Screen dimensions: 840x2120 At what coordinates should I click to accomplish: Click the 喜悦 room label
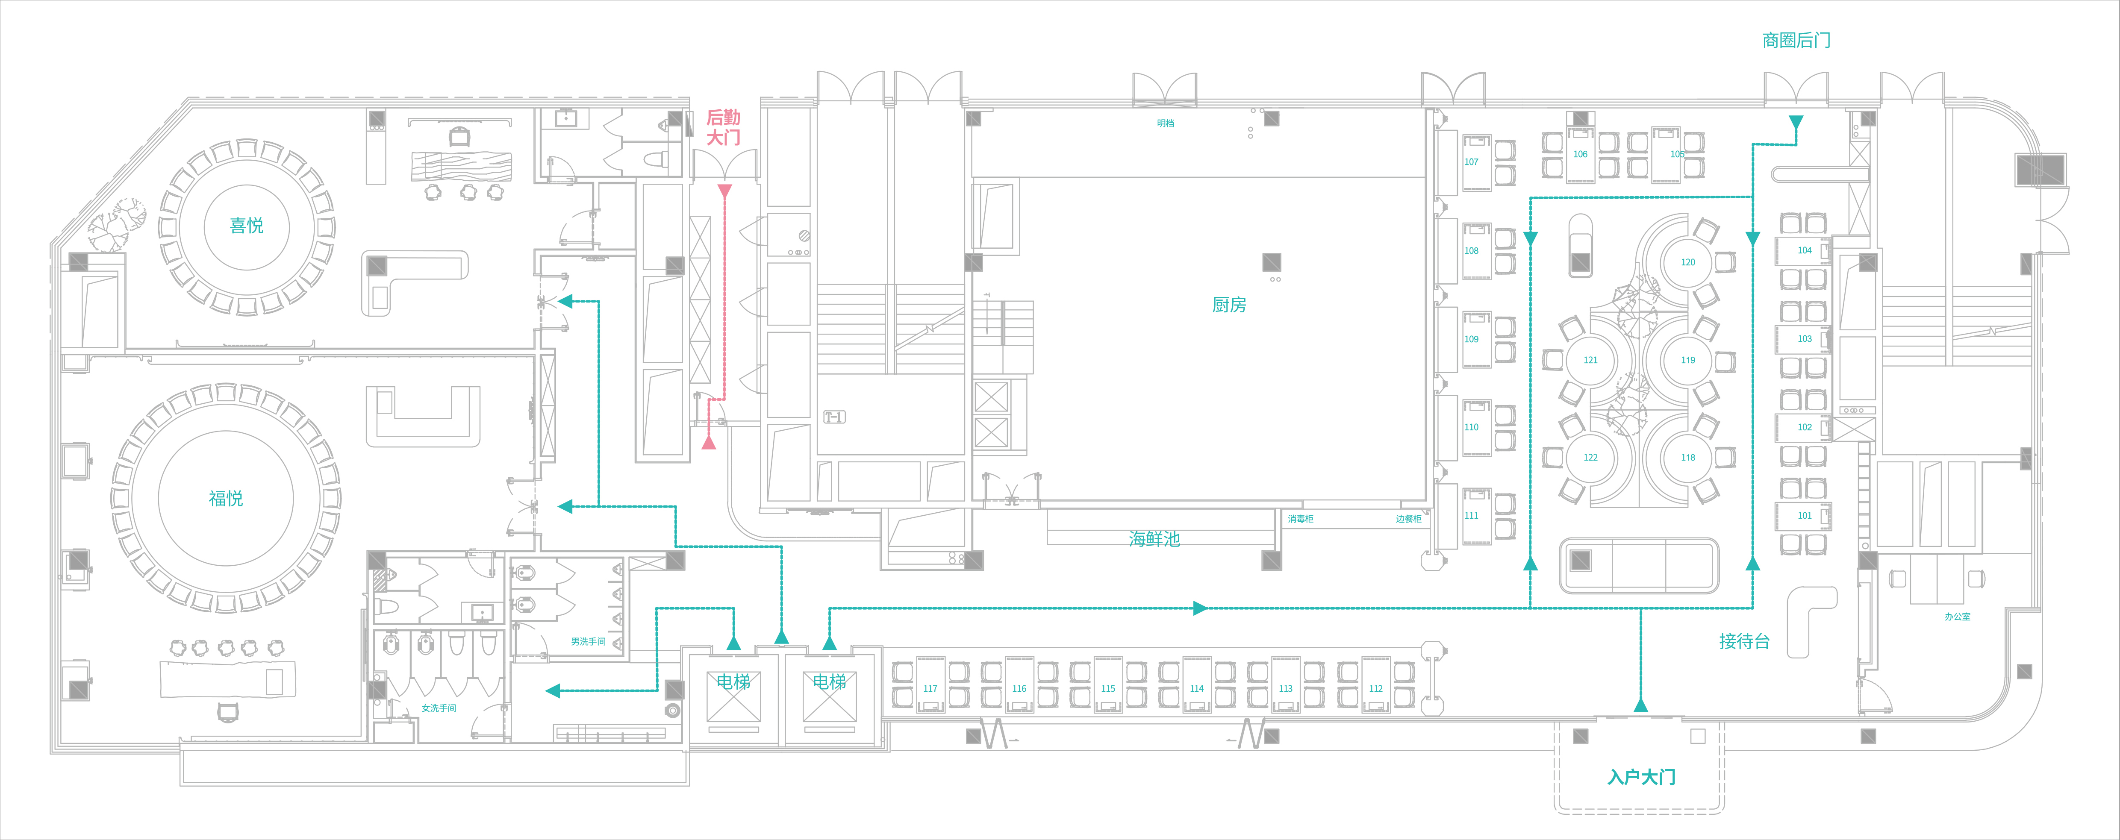click(x=246, y=226)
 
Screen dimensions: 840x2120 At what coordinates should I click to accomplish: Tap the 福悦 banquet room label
click(x=226, y=499)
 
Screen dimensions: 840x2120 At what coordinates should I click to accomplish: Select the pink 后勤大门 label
click(x=723, y=127)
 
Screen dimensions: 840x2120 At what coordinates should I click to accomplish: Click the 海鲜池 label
click(x=1154, y=539)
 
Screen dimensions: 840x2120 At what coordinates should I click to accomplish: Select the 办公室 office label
click(x=1957, y=616)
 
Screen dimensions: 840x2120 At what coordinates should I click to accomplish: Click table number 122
click(x=1590, y=458)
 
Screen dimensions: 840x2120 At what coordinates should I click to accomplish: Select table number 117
click(x=930, y=689)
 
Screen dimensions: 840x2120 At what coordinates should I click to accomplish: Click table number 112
click(x=1375, y=689)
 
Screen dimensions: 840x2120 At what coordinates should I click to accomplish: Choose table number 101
click(x=1804, y=516)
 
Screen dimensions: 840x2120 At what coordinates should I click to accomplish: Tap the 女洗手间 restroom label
click(x=439, y=708)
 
